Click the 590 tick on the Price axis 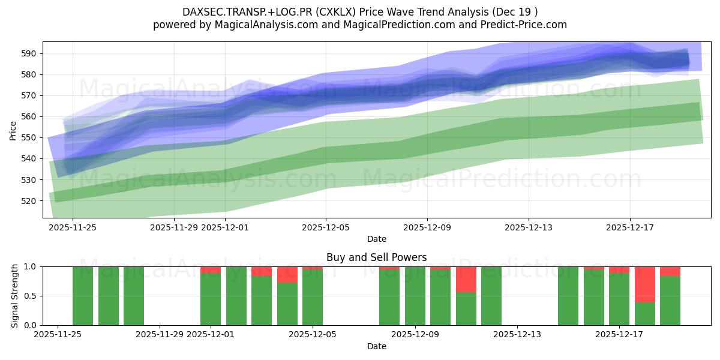(29, 53)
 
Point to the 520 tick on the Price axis (29, 201)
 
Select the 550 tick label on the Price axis (29, 137)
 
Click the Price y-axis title (13, 130)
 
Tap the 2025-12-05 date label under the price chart (326, 227)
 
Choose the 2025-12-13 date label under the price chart (529, 227)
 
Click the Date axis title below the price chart (377, 239)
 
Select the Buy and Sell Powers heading (377, 257)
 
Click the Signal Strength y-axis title (16, 296)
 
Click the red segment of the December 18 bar (670, 271)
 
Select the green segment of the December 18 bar (670, 300)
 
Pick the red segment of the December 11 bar (466, 279)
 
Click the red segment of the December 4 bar (287, 274)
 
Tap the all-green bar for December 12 (491, 296)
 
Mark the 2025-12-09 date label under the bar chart (415, 335)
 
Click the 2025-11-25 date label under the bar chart (58, 335)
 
